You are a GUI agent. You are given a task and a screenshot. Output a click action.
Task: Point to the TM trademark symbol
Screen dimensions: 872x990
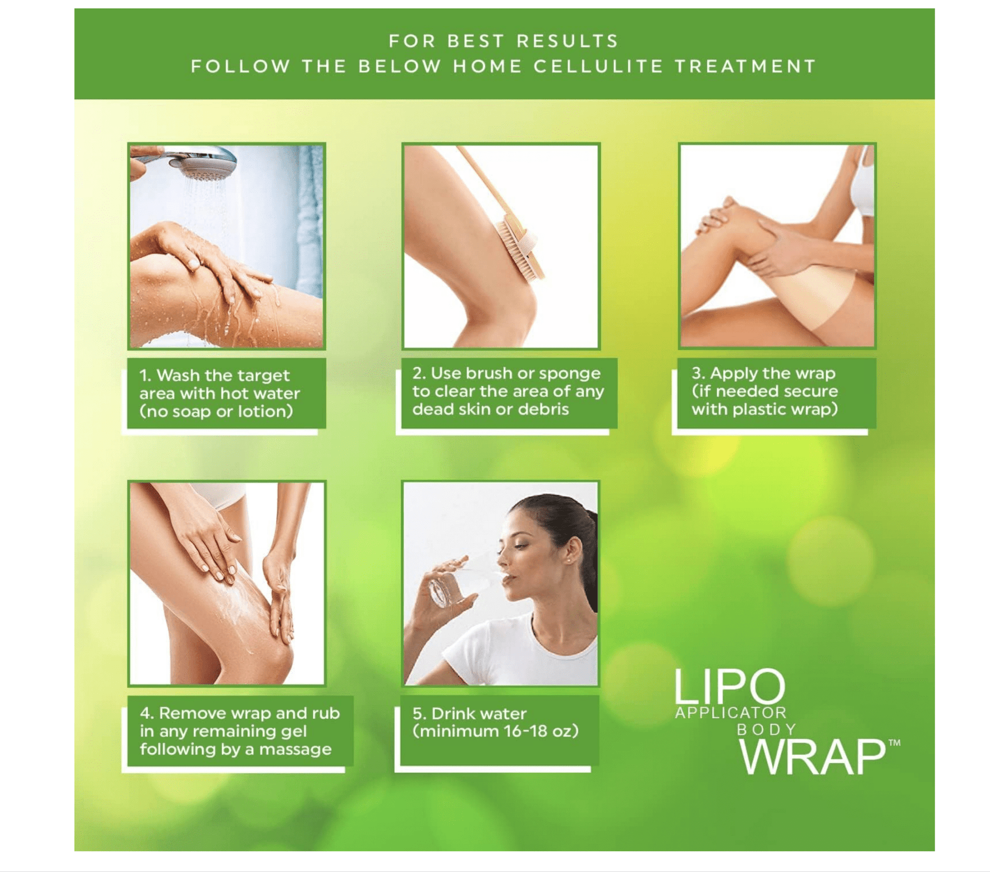[x=894, y=743]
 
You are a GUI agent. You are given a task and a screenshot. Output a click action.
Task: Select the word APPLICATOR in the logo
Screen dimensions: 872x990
[x=731, y=713]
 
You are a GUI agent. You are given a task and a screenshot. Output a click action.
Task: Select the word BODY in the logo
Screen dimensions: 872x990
[x=766, y=730]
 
